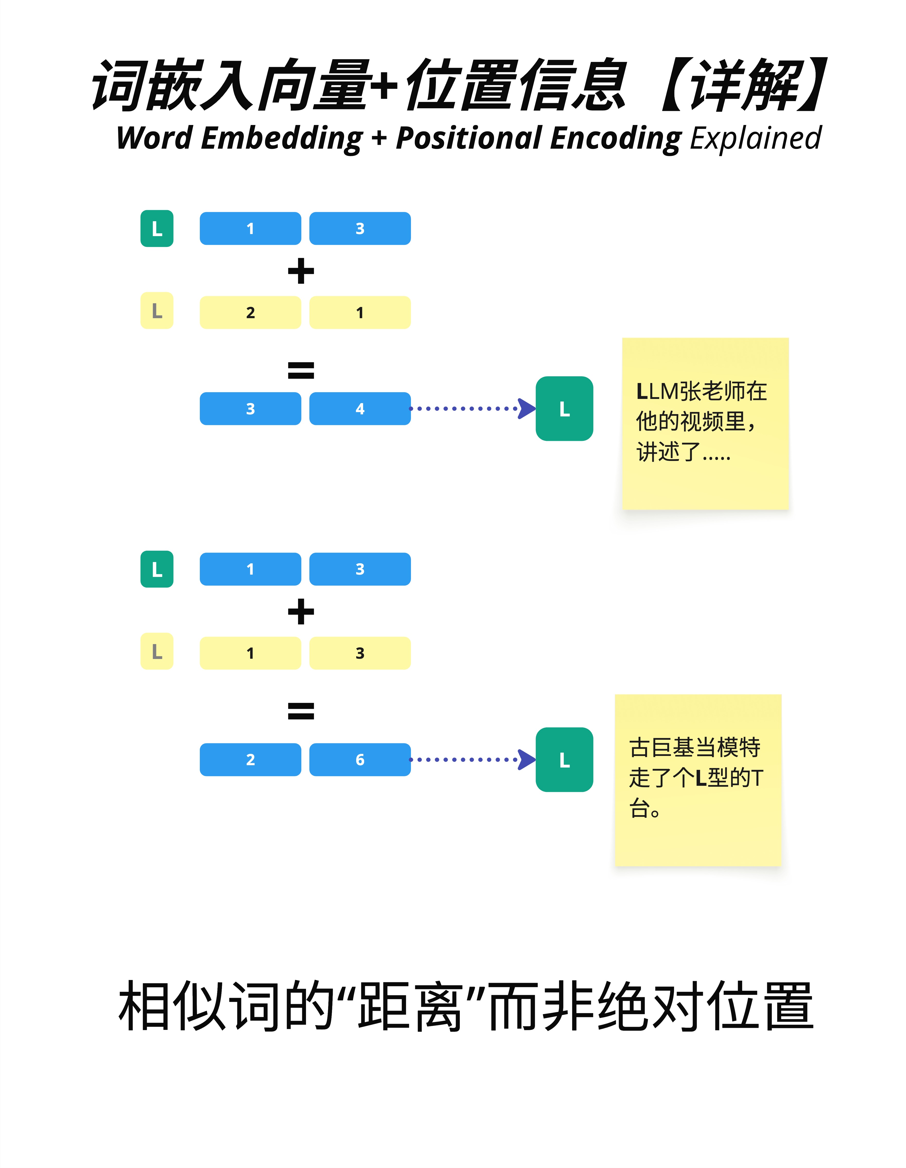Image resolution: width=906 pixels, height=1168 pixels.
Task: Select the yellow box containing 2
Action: [250, 312]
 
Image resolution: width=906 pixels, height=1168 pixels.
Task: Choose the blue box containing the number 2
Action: [250, 759]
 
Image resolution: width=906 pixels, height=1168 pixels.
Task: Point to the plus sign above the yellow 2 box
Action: [301, 271]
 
